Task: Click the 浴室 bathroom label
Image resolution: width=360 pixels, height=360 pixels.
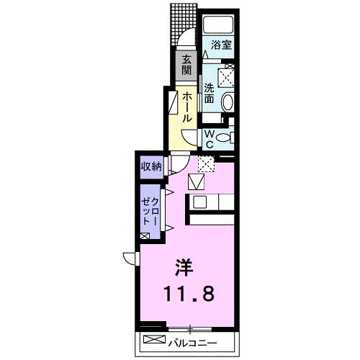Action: pyautogui.click(x=221, y=45)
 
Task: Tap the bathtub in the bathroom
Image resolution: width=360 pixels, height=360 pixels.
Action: pyautogui.click(x=218, y=25)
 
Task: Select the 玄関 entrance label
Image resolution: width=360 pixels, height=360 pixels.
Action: pyautogui.click(x=186, y=65)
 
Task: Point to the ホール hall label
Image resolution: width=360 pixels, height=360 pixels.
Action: pyautogui.click(x=187, y=108)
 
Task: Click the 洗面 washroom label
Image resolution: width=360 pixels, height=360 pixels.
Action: pyautogui.click(x=209, y=94)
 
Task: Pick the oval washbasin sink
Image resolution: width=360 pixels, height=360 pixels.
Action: pyautogui.click(x=228, y=102)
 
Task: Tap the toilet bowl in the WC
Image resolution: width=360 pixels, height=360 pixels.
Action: pyautogui.click(x=223, y=138)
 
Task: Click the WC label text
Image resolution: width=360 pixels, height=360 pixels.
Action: pyautogui.click(x=210, y=139)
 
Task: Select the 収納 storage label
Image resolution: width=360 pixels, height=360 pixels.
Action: pyautogui.click(x=151, y=166)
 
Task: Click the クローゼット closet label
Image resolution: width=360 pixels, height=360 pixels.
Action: pyautogui.click(x=150, y=211)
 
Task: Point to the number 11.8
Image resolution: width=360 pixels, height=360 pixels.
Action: pyautogui.click(x=189, y=294)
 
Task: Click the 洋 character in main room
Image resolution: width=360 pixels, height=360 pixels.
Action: pyautogui.click(x=184, y=268)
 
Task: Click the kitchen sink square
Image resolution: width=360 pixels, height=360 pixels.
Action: pyautogui.click(x=200, y=202)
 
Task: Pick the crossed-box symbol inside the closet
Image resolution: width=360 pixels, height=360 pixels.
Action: pyautogui.click(x=145, y=236)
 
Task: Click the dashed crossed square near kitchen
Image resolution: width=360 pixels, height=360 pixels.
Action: pyautogui.click(x=206, y=163)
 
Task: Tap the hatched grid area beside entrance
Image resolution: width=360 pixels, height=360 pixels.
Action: pyautogui.click(x=184, y=24)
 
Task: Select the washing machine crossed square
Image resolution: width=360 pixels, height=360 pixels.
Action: pyautogui.click(x=226, y=77)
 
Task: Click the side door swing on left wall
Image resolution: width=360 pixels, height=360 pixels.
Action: pyautogui.click(x=129, y=258)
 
